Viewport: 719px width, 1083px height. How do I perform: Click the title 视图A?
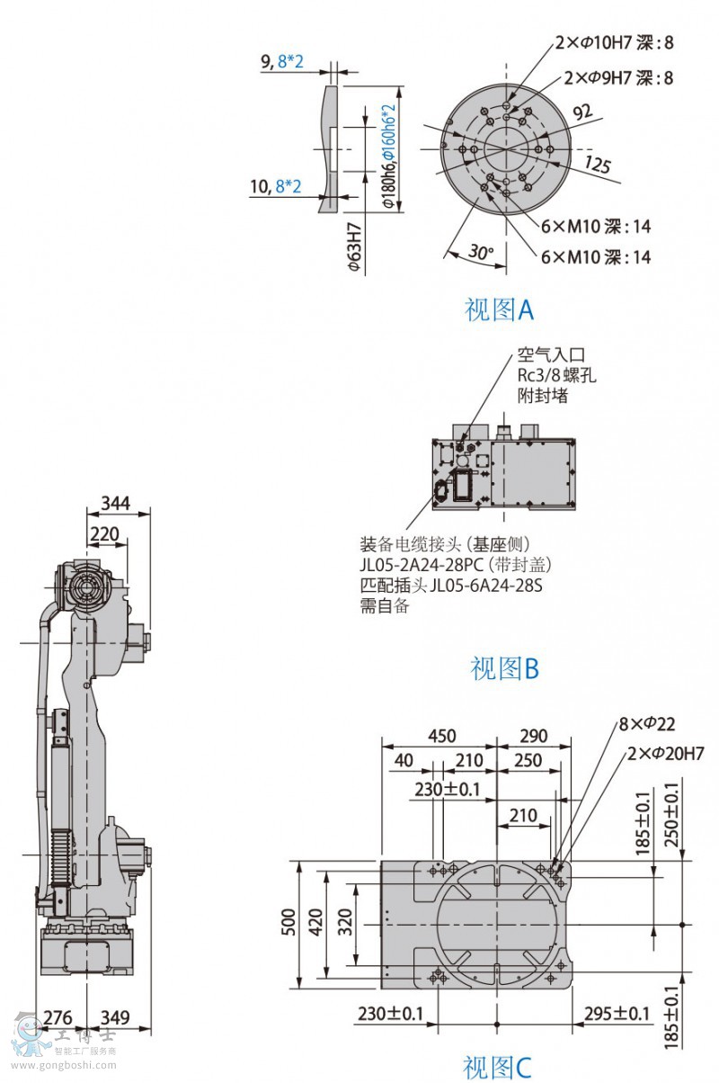[499, 310]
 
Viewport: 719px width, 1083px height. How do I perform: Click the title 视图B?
[504, 668]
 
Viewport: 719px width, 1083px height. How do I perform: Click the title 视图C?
[497, 1067]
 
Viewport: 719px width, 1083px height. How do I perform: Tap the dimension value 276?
[58, 1017]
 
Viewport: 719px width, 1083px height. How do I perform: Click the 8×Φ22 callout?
[646, 723]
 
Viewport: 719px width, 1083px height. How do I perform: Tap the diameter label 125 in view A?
[597, 164]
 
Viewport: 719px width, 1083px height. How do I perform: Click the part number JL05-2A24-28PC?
[422, 565]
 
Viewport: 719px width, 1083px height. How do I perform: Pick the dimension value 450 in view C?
[440, 736]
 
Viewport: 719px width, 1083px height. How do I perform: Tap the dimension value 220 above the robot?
[104, 534]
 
